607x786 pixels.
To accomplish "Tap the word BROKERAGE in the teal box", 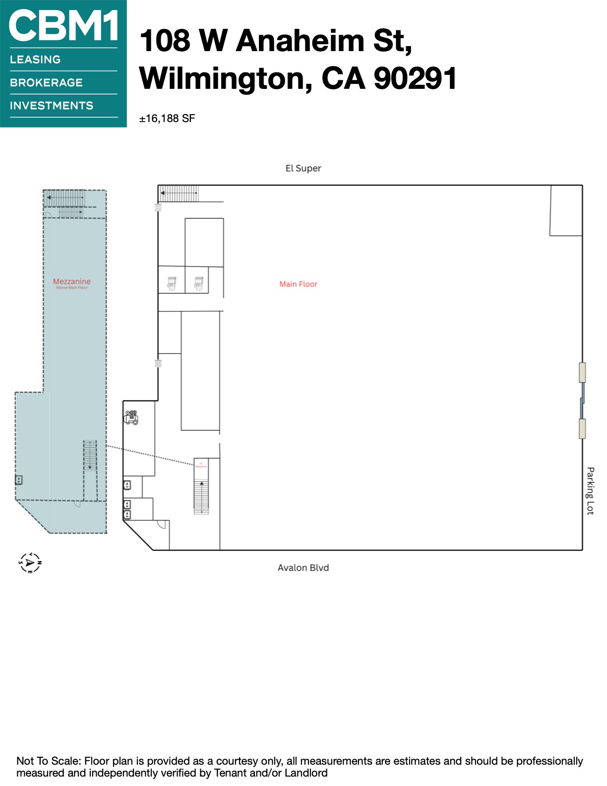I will (46, 83).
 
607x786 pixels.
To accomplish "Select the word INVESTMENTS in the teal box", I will (52, 106).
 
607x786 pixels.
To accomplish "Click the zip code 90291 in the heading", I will (415, 78).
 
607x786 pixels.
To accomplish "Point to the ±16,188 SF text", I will (167, 119).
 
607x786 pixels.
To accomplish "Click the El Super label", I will (303, 168).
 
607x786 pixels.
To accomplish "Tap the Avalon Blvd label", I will (303, 568).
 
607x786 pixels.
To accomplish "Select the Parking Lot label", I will (590, 491).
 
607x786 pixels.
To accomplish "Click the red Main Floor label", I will (298, 284).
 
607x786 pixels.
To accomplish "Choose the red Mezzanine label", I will (72, 281).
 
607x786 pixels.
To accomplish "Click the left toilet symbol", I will (172, 284).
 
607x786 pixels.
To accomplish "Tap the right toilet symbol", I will (198, 284).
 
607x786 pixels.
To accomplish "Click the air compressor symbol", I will (131, 417).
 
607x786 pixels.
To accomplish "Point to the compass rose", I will (30, 563).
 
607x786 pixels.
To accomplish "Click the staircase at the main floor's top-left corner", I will (179, 194).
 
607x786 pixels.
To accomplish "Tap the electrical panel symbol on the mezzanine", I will (19, 480).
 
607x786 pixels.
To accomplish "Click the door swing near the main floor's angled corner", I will (162, 524).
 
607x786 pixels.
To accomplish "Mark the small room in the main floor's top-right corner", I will (566, 210).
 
